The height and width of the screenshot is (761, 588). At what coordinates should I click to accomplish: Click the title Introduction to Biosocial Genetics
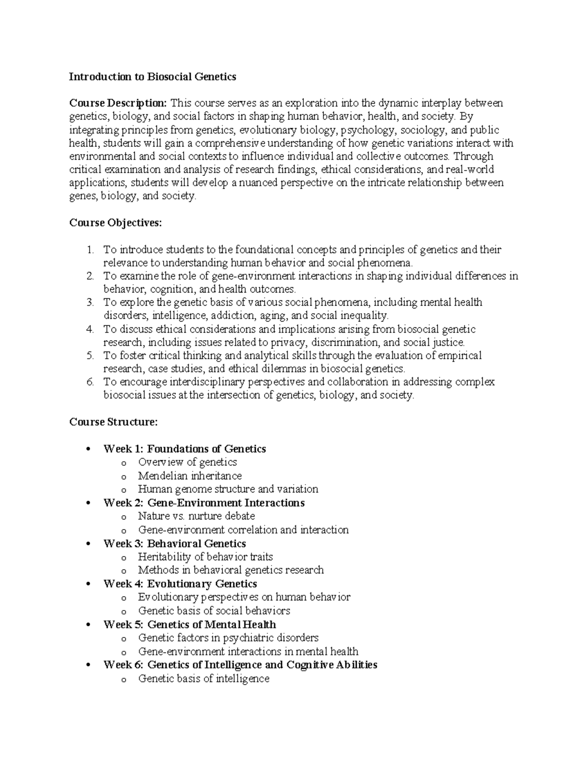coord(152,76)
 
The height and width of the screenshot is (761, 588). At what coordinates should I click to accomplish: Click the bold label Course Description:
coord(118,103)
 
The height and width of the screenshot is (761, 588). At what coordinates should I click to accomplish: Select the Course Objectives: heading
coord(115,223)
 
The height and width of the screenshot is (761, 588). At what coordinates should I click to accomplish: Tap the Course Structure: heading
coord(114,422)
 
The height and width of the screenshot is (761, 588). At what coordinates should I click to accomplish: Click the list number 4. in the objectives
coord(90,329)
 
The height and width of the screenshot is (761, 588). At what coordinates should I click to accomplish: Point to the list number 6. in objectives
coord(90,382)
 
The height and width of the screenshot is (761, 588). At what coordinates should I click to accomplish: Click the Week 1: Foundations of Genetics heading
coord(185,449)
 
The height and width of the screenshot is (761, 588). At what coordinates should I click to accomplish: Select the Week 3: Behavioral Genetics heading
coord(174,543)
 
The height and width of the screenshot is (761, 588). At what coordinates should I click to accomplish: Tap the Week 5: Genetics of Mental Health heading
coord(190,624)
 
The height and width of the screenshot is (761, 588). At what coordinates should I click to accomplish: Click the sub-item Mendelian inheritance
coord(190,476)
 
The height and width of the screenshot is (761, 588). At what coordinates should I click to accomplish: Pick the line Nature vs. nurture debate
coord(196,516)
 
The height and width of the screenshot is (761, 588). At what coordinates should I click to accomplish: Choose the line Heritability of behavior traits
coord(205,557)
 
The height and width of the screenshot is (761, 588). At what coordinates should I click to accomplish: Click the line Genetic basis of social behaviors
coord(214,611)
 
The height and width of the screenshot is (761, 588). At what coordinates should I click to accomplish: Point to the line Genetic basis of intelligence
coord(203,679)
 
